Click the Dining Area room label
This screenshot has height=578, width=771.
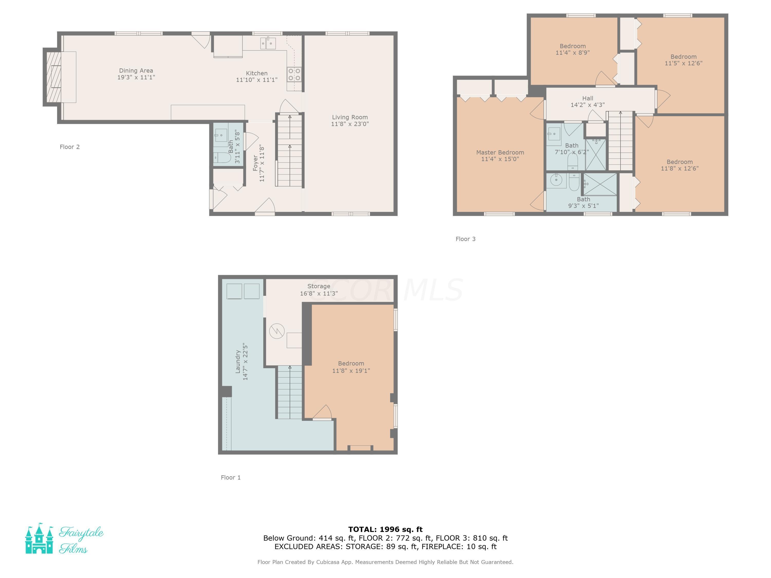pyautogui.click(x=136, y=71)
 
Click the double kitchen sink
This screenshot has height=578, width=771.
pyautogui.click(x=268, y=44)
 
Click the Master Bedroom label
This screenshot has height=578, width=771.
pyautogui.click(x=500, y=153)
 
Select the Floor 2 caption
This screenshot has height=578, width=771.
pyautogui.click(x=70, y=147)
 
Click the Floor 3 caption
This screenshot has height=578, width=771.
pyautogui.click(x=465, y=239)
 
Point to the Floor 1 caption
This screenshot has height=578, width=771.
pyautogui.click(x=231, y=478)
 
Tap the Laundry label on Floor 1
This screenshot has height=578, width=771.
pyautogui.click(x=238, y=362)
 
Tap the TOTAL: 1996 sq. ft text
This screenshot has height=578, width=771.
pyautogui.click(x=385, y=529)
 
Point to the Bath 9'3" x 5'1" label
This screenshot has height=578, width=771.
pyautogui.click(x=583, y=202)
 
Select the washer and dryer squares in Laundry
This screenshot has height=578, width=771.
pyautogui.click(x=243, y=291)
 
